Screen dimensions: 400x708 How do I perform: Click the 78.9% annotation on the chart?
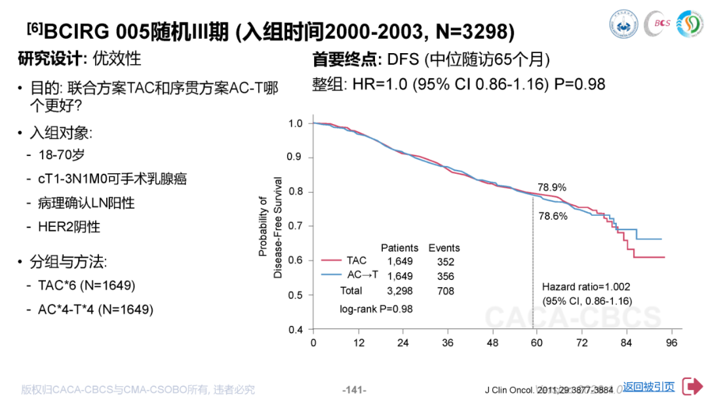click(552, 187)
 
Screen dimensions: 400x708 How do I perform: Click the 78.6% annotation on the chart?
click(553, 216)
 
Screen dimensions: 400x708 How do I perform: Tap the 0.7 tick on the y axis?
click(296, 226)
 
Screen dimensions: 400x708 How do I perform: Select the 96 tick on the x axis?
click(671, 342)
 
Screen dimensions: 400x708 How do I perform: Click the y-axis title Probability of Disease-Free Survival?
click(269, 227)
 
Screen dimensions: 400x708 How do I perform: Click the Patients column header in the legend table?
click(399, 248)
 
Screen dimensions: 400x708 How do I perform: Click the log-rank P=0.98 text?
click(376, 308)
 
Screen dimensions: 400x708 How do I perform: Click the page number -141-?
click(354, 390)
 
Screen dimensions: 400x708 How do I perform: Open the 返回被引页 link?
click(648, 387)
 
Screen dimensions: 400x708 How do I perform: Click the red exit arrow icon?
click(692, 387)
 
